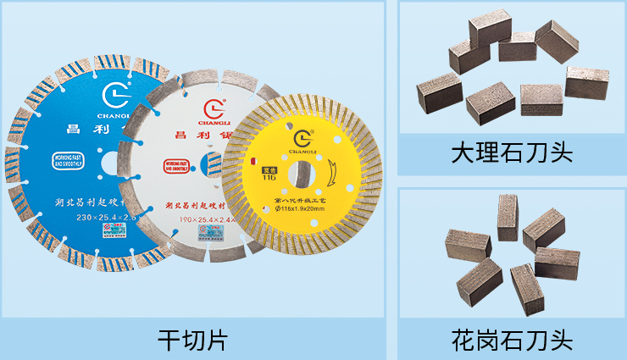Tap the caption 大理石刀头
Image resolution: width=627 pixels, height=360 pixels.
(512, 152)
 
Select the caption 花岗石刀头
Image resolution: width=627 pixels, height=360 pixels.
(512, 341)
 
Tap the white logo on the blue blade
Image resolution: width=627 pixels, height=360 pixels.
(114, 91)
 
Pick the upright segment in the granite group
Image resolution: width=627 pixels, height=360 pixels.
(508, 218)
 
